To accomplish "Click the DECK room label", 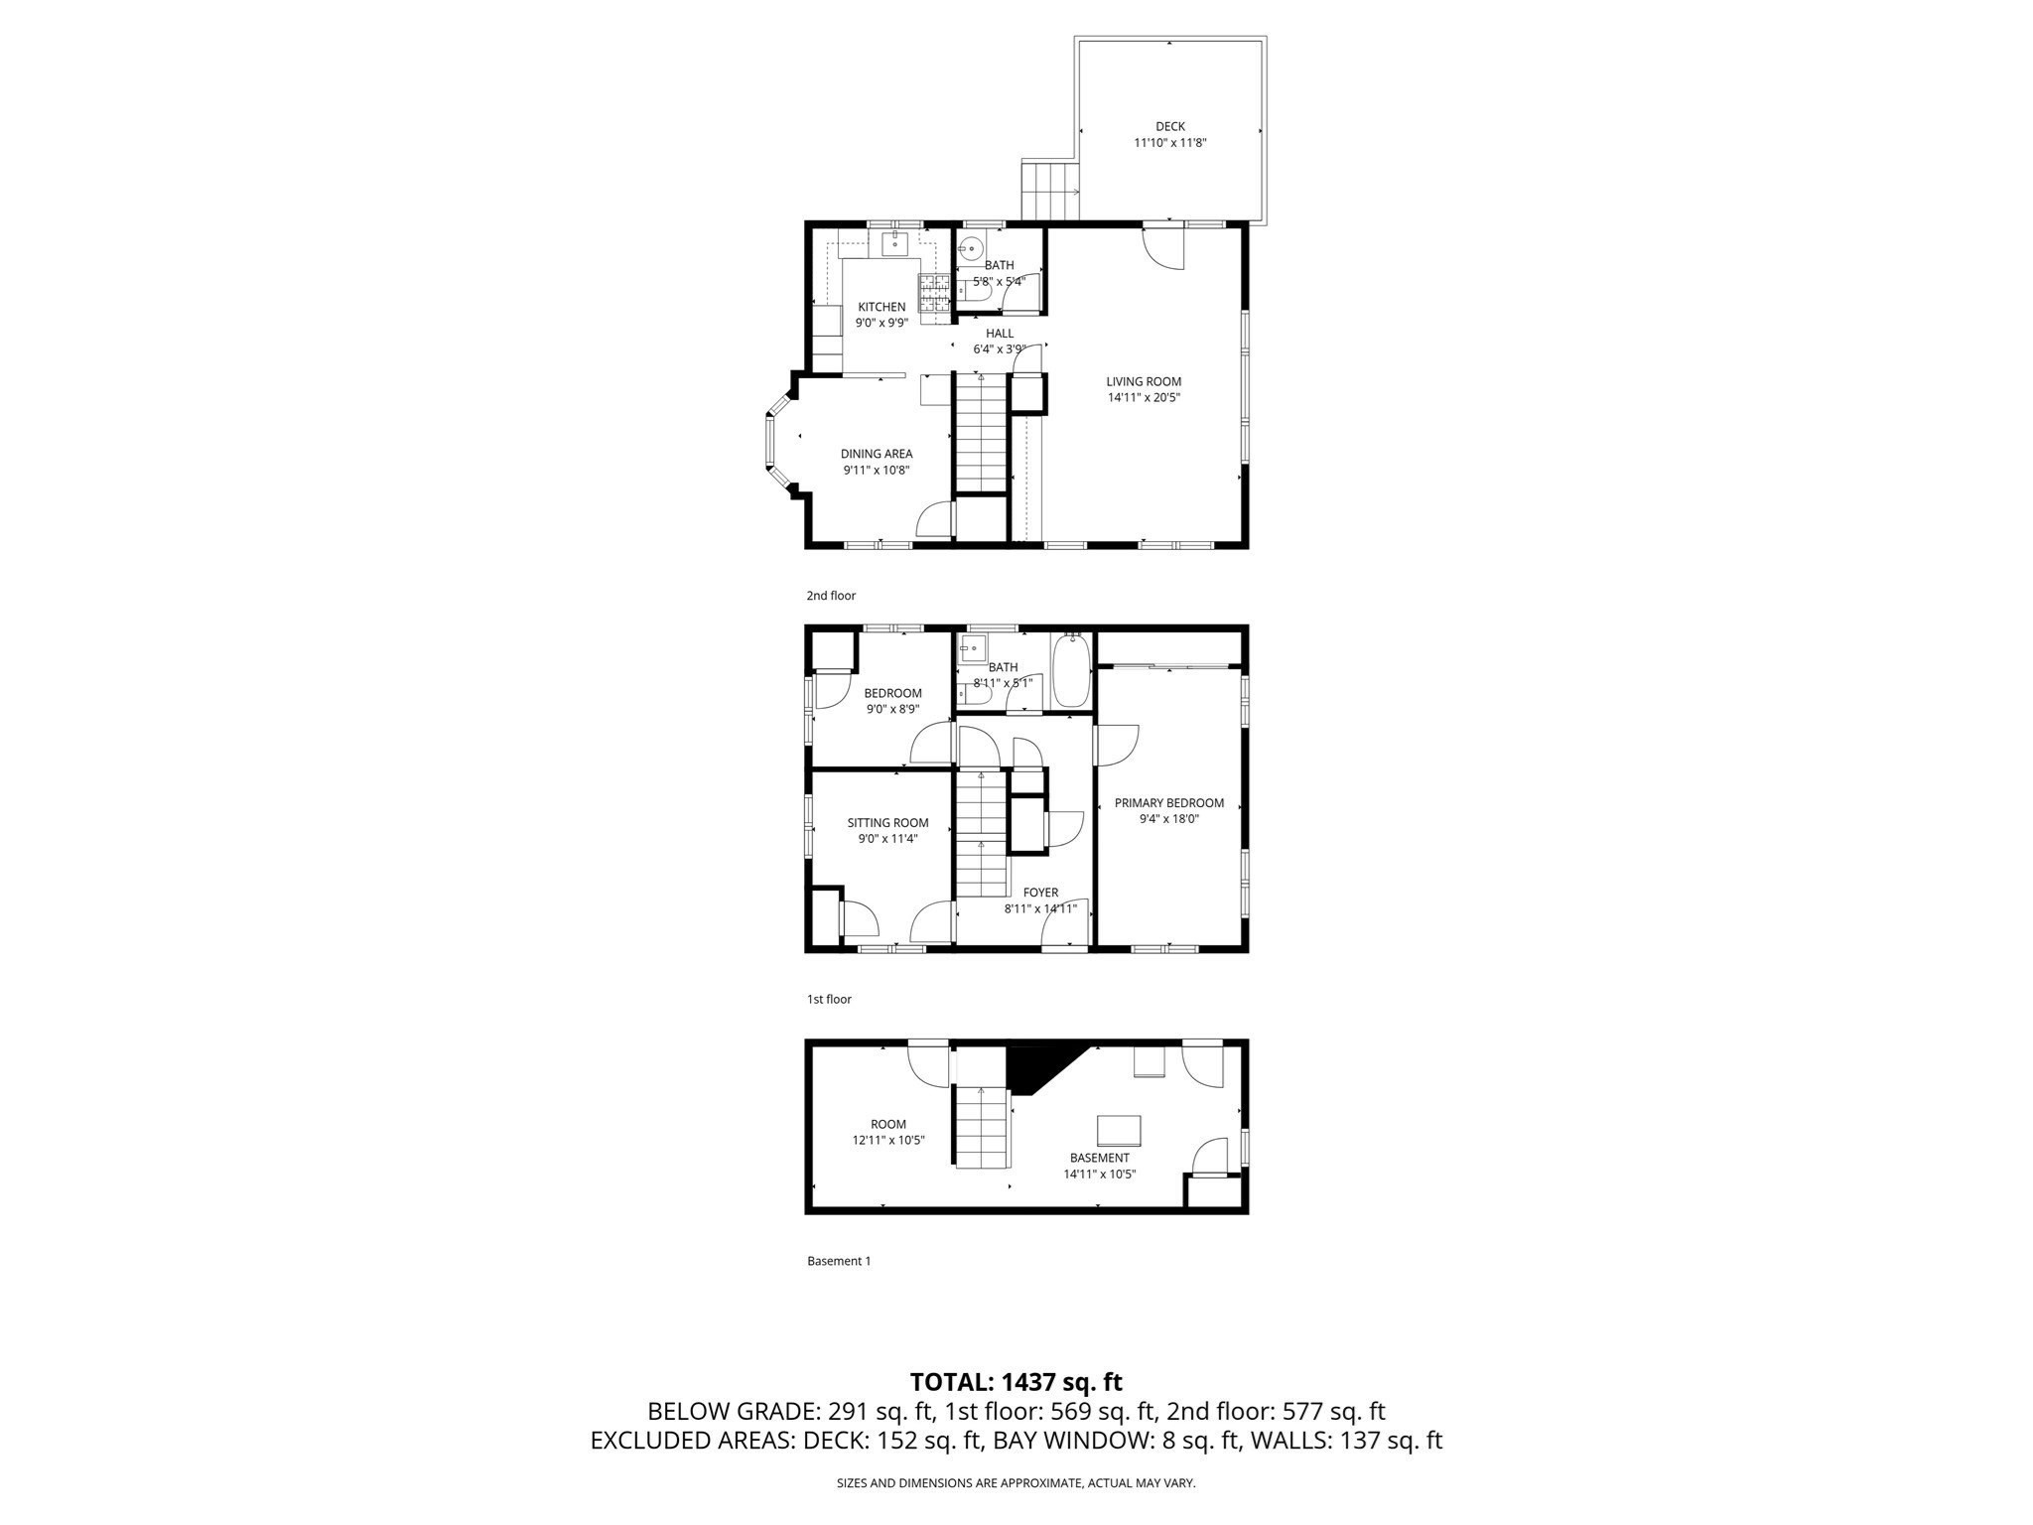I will coord(1169,126).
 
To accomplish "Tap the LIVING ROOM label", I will coord(1144,381).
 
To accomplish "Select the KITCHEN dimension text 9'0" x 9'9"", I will coord(881,323).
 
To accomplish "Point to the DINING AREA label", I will coord(877,454).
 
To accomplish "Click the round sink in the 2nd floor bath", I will coord(972,247).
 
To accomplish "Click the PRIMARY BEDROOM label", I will coord(1168,803).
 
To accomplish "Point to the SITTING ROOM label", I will coord(887,822).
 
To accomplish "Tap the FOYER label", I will coord(1040,893).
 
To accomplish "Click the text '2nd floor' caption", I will coord(831,596).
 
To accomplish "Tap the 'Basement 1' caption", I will coord(839,1261).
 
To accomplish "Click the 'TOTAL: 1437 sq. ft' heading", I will coord(1016,1381).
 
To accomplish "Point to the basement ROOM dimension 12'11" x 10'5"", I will coord(888,1140).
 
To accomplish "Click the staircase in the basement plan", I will coord(983,1127).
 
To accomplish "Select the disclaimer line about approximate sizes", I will coord(1016,1483).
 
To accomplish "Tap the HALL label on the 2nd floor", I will coord(1000,334).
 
